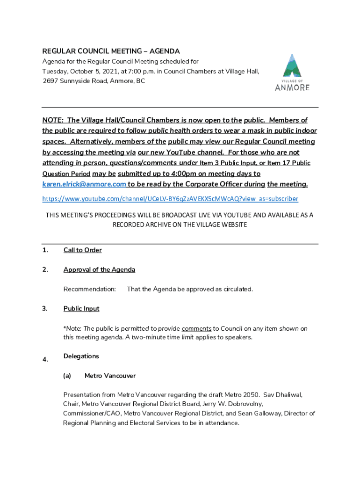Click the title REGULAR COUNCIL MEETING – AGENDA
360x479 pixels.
tap(111, 51)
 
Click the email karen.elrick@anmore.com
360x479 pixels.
tap(84, 184)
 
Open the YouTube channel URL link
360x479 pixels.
tap(170, 199)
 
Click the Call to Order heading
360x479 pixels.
tap(82, 250)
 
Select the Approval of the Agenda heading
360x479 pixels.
tap(99, 270)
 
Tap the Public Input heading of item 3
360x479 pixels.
tap(81, 309)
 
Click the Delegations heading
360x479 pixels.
tap(81, 356)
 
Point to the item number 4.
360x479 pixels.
tap(45, 360)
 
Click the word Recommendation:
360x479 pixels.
tap(89, 289)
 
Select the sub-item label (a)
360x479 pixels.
tap(67, 376)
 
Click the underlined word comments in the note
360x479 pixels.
tap(196, 329)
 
